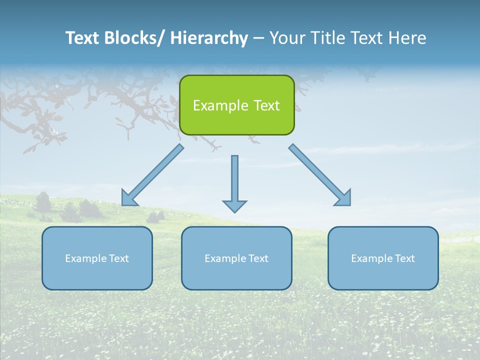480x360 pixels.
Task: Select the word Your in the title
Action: pos(287,38)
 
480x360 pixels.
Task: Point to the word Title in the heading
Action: pos(329,38)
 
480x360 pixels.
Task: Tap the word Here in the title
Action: pos(409,38)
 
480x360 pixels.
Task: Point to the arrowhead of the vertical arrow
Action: pos(234,205)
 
